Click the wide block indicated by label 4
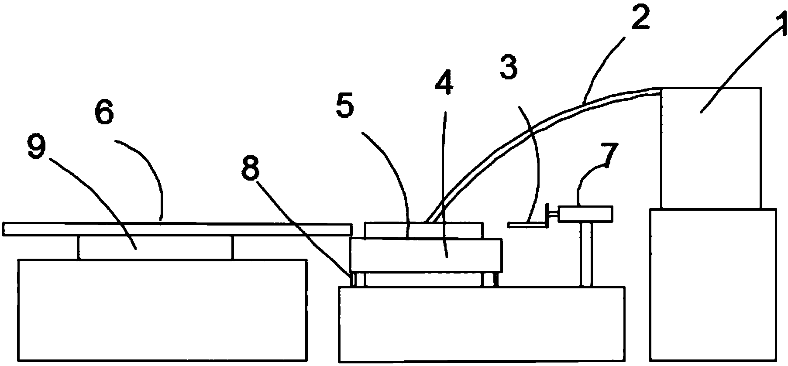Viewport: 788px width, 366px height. tap(426, 256)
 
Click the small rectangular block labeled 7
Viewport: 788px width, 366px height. tap(585, 213)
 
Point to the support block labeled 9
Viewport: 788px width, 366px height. tap(155, 248)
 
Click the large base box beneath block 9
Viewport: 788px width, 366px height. tap(162, 310)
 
